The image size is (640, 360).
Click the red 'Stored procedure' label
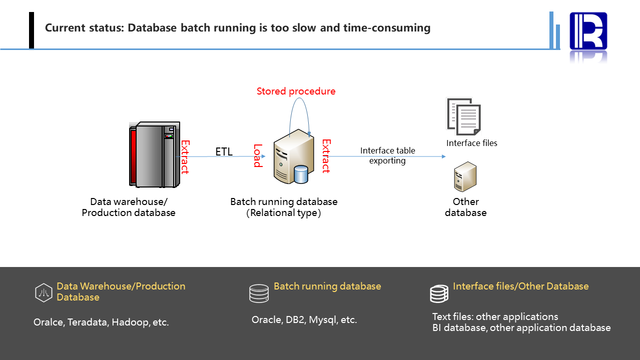point(296,91)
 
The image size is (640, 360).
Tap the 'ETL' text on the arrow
point(224,151)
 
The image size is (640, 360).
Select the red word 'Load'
point(258,155)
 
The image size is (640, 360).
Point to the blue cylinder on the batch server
point(301,174)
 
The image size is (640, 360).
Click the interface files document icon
point(463,116)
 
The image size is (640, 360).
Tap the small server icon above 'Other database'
point(465,176)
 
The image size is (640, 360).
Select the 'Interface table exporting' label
point(388,155)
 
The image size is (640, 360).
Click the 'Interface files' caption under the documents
point(472,143)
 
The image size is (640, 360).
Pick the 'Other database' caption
point(465,207)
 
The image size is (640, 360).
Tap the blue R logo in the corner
point(588,31)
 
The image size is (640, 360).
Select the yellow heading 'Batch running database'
point(327,286)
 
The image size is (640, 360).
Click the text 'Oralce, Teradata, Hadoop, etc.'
point(101,322)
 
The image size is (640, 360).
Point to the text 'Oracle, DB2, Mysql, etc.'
point(304,320)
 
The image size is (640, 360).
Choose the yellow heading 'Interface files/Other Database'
point(520,286)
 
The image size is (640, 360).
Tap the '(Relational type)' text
point(284,212)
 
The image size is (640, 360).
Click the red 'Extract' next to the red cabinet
point(185,156)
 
